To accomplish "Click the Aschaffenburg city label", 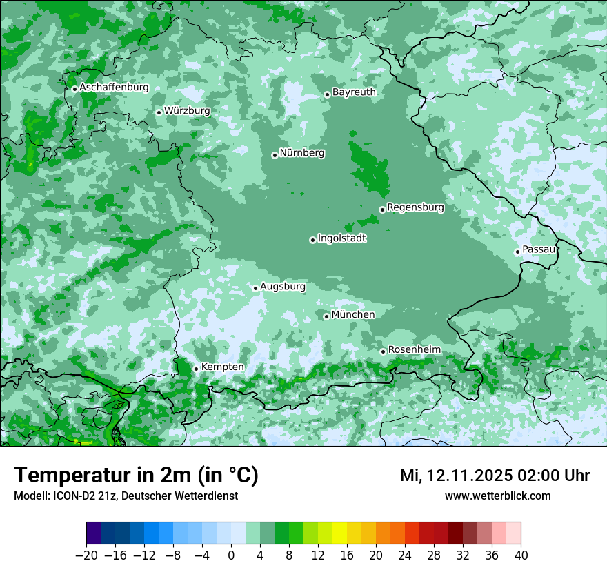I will pos(114,88).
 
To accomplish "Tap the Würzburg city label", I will pos(187,111).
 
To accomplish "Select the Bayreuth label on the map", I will pos(354,92).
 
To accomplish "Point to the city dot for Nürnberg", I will pos(275,155).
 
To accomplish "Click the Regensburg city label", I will pos(415,207).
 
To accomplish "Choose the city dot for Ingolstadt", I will pos(312,240).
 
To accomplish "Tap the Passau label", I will pos(539,249).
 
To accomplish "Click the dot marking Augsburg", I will pos(255,288).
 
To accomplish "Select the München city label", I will pos(353,315).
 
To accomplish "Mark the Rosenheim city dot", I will pos(383,351).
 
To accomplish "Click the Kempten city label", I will pos(222,367).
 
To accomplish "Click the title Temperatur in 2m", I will pos(136,476).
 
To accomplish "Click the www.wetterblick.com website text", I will pos(497,496).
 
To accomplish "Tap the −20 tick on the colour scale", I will pos(87,555).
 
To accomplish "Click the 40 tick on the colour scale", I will pos(521,555).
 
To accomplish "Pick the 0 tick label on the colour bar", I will pos(231,555).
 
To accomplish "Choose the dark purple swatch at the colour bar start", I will pos(94,533).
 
